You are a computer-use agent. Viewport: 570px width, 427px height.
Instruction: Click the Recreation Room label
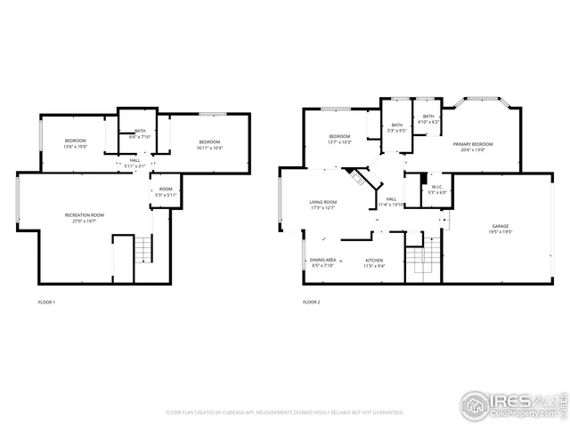click(x=85, y=216)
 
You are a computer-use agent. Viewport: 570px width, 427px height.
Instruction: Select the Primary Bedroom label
click(x=473, y=146)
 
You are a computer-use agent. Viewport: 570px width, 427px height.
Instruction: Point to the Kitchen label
click(x=374, y=262)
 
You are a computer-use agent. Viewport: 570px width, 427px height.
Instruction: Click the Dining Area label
click(x=323, y=262)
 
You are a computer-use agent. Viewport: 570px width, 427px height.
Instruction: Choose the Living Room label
click(x=322, y=205)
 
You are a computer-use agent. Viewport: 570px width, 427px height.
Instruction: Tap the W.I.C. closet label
click(x=436, y=189)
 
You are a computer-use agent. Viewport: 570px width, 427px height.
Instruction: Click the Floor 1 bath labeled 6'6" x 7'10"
click(x=141, y=133)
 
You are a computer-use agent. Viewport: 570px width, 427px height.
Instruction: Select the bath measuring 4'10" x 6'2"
click(x=428, y=119)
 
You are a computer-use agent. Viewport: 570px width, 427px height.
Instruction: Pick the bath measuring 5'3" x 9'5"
click(x=396, y=127)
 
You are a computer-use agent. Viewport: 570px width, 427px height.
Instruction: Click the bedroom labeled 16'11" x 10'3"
click(x=209, y=145)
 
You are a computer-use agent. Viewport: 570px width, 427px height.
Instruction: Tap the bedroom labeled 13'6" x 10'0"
click(x=75, y=144)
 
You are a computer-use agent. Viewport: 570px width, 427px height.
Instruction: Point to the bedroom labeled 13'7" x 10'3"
click(x=340, y=139)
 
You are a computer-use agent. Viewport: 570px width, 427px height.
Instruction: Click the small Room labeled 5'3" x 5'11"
click(x=166, y=191)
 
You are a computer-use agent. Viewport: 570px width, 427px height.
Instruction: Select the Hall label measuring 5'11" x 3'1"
click(x=135, y=163)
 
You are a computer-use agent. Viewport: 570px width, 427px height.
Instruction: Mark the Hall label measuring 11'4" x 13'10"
click(x=391, y=202)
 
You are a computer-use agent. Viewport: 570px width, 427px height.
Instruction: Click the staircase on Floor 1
click(x=143, y=250)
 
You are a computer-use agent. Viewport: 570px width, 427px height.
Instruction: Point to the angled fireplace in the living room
click(x=361, y=176)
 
